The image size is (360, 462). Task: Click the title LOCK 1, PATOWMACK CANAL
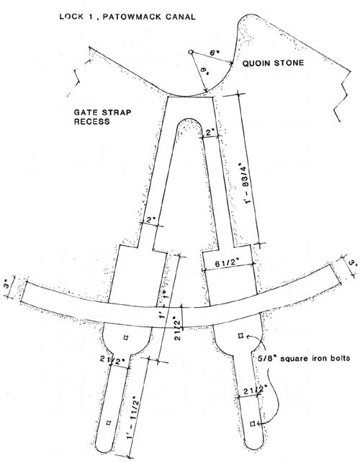point(127,17)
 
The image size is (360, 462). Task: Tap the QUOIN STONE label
point(273,63)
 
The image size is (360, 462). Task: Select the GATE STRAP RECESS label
point(102,117)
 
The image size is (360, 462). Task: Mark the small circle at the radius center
point(191,52)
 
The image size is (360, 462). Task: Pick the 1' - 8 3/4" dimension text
point(246,183)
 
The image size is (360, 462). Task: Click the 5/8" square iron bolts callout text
point(304,358)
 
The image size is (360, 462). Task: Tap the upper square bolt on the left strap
point(126,337)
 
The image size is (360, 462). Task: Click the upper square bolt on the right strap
point(240,335)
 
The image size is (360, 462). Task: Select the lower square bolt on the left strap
point(109,423)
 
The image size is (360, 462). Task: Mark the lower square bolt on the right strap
point(252,424)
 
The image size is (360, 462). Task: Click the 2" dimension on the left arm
point(150,220)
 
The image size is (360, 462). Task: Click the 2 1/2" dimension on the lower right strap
point(255,390)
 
